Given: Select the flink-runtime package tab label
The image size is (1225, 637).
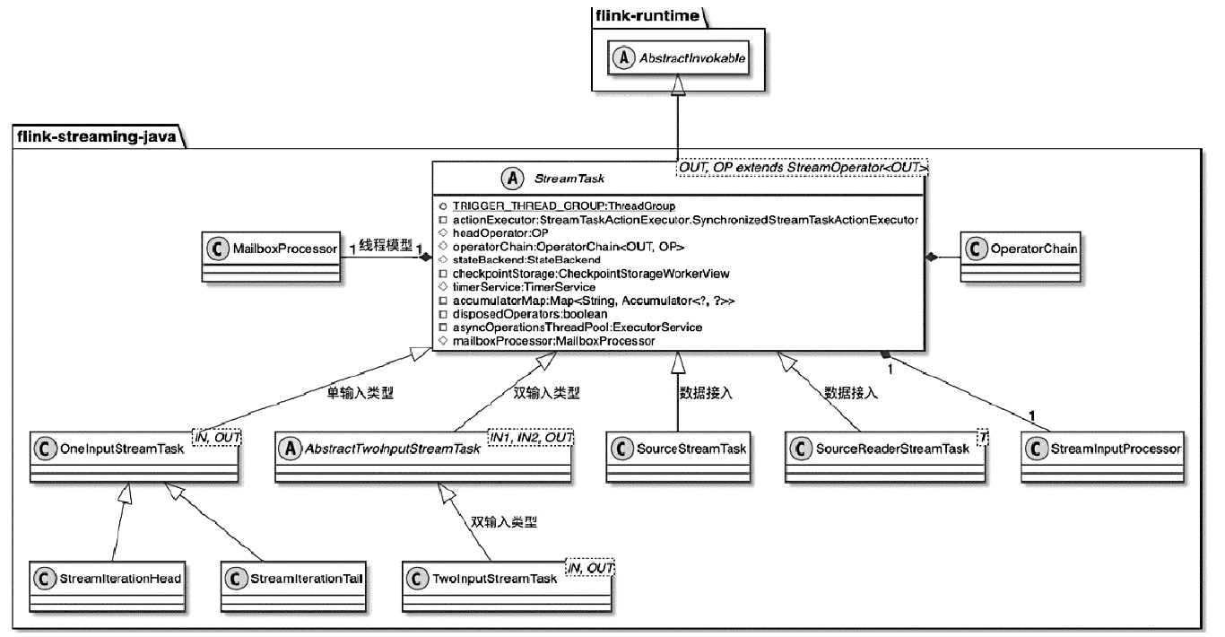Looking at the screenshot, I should (632, 15).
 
